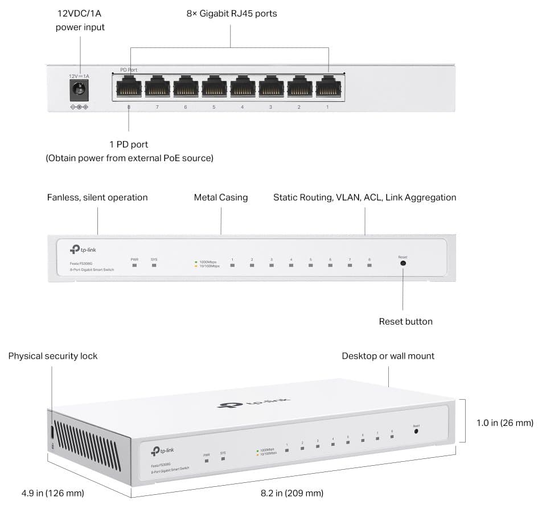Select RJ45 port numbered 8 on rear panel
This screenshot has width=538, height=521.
(x=128, y=88)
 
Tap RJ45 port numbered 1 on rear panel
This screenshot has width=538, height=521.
(x=327, y=88)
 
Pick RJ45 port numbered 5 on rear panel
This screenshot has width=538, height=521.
(x=213, y=88)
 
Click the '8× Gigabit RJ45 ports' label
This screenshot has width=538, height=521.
(x=231, y=13)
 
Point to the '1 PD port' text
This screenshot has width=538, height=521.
(x=129, y=145)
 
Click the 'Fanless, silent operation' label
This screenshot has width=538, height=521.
(x=97, y=198)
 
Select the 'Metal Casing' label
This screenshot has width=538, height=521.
(x=221, y=198)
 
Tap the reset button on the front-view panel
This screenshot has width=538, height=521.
(x=403, y=263)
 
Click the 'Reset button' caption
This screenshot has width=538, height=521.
(x=405, y=322)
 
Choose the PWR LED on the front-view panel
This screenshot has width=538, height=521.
(x=134, y=265)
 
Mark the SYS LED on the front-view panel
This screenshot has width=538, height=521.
(x=154, y=265)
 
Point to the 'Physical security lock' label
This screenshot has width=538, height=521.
(x=53, y=356)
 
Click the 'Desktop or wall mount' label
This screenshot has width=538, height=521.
(x=388, y=356)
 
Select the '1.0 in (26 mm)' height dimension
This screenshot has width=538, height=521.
(x=504, y=423)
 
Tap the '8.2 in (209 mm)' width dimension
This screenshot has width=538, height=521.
(x=292, y=493)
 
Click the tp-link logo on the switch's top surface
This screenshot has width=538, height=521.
(x=253, y=403)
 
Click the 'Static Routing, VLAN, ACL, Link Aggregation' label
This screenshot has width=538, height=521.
(x=364, y=198)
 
